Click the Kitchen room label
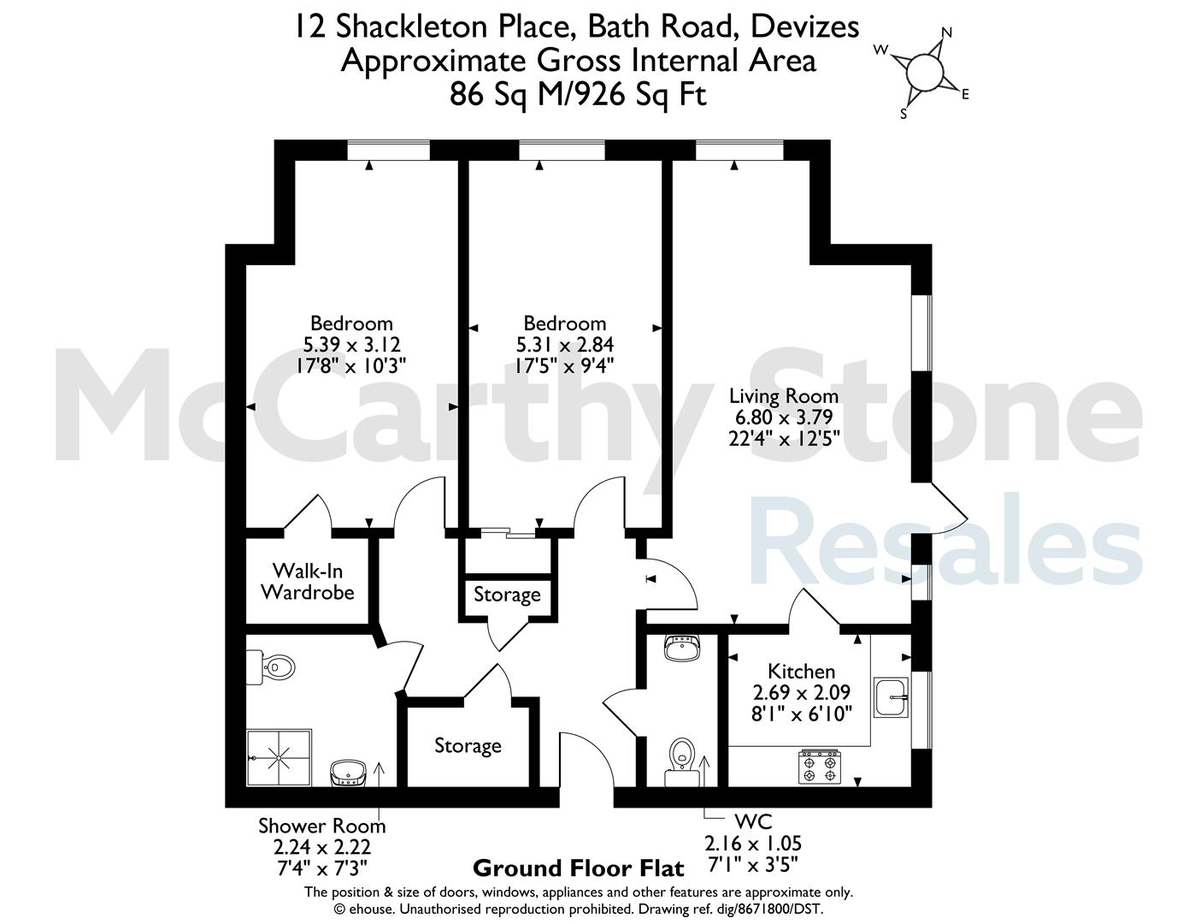801,672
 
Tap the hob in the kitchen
820,767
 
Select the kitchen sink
891,697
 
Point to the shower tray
279,758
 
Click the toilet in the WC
682,763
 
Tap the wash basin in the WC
682,648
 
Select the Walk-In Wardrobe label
308,582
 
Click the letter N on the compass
946,33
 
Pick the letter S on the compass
903,114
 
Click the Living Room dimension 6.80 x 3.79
784,417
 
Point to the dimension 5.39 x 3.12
352,345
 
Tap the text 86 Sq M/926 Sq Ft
578,95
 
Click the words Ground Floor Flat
579,868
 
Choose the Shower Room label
321,826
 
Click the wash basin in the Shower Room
348,773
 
